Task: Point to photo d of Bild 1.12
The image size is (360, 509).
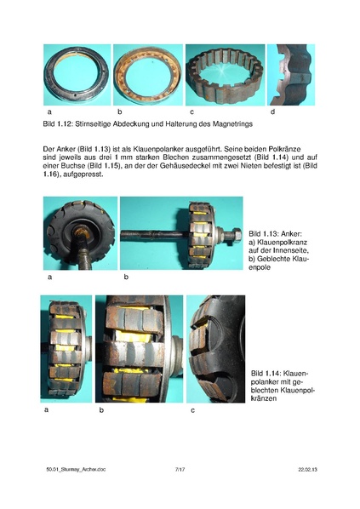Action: pos(291,75)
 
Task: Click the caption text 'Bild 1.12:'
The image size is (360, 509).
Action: pos(56,124)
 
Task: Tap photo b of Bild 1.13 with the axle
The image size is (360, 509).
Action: pos(180,234)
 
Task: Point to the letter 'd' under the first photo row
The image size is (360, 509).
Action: pos(272,112)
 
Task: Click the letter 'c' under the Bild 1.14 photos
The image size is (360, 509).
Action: pos(192,411)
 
